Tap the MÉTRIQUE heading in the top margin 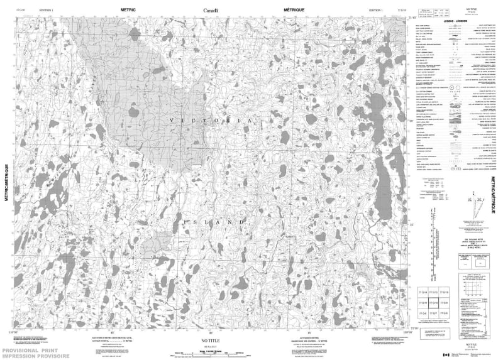pyautogui.click(x=294, y=10)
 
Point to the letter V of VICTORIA pyautogui.click(x=171, y=118)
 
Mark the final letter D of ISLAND pyautogui.click(x=242, y=222)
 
